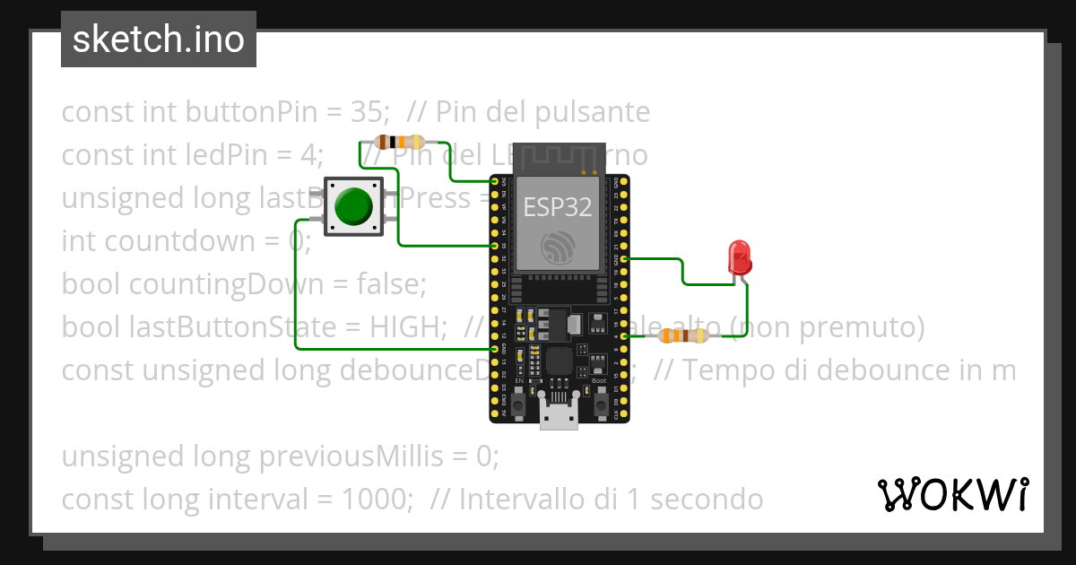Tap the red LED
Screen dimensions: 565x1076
(x=740, y=256)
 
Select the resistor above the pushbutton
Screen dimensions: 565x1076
(x=399, y=142)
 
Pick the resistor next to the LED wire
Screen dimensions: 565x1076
(x=683, y=336)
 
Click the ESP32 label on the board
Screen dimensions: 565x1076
(x=558, y=207)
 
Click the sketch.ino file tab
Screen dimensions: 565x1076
(x=159, y=39)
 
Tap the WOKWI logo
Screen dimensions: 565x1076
(x=952, y=494)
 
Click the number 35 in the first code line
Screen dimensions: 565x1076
(x=368, y=112)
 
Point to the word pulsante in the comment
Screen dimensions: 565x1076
(x=593, y=112)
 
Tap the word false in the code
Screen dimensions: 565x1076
(x=391, y=284)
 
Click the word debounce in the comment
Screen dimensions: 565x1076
(x=837, y=370)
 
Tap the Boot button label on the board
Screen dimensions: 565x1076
(x=599, y=381)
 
